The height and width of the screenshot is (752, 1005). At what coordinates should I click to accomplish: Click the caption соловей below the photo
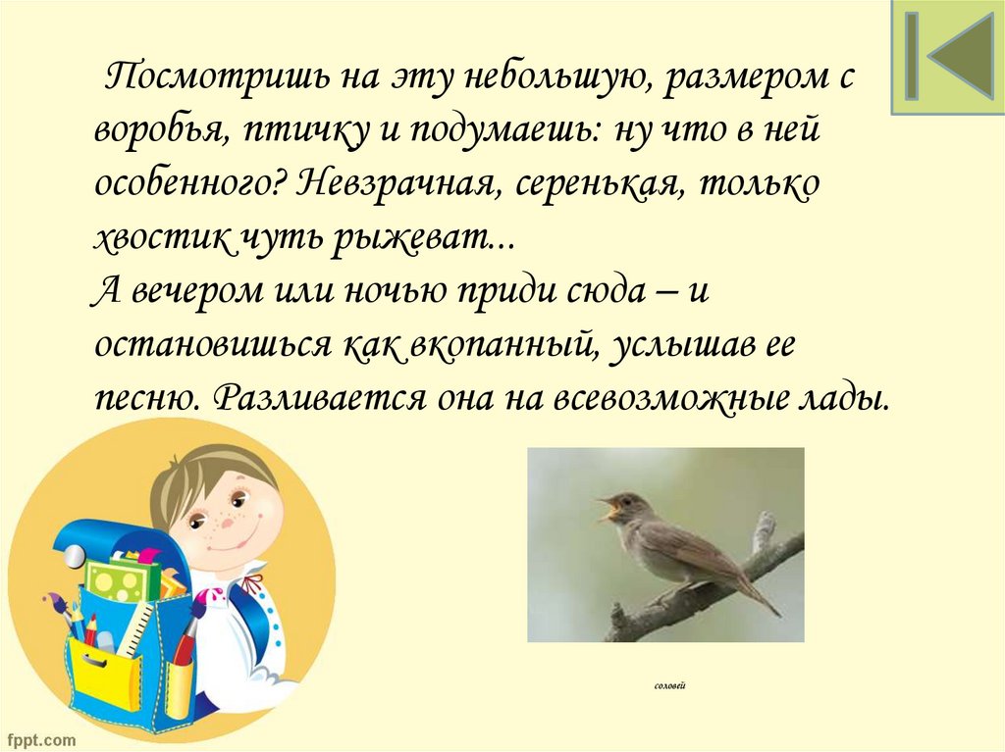pos(669,686)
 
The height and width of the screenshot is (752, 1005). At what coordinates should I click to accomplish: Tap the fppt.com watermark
pos(39,737)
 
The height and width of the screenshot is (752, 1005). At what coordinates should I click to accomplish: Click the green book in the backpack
pos(122,579)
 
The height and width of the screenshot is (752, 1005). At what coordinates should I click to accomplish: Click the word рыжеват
pos(432,238)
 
